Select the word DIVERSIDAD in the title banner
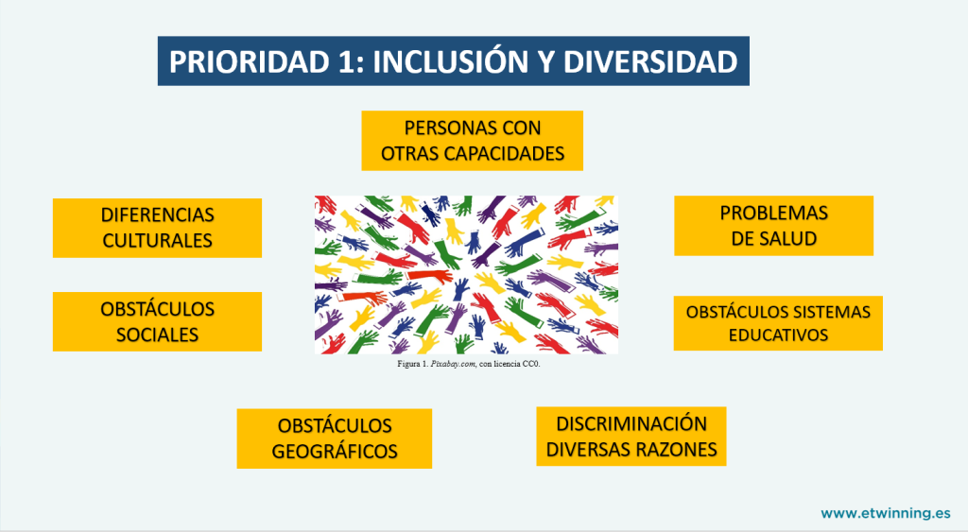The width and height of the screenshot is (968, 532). tap(650, 61)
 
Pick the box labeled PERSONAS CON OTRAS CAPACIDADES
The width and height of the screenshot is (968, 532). tap(473, 141)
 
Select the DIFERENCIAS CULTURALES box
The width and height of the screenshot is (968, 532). tap(158, 228)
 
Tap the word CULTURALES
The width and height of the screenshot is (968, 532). tap(158, 241)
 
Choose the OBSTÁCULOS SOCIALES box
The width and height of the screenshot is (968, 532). tap(158, 321)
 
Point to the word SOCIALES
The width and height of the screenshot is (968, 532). tap(158, 335)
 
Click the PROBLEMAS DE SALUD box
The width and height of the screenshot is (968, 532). tap(773, 226)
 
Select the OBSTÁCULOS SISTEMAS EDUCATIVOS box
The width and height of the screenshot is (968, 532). tap(778, 323)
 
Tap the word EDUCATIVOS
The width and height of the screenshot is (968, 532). tap(778, 335)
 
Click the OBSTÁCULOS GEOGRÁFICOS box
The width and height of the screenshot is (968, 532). tap(335, 438)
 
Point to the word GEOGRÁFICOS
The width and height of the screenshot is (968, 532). tap(335, 451)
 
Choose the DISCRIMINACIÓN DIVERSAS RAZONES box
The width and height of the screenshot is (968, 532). tap(631, 437)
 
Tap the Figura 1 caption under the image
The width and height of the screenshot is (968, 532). tap(469, 364)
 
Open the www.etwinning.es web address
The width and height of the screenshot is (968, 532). tap(885, 513)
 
